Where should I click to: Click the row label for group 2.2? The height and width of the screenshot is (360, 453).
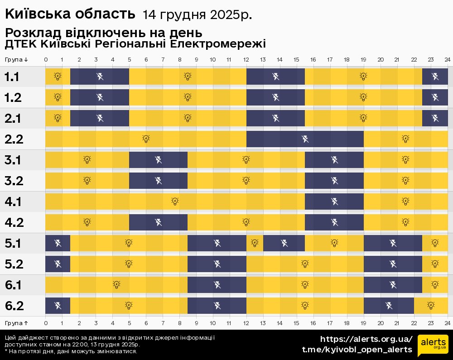tap(14, 139)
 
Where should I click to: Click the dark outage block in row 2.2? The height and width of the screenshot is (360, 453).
tap(305, 139)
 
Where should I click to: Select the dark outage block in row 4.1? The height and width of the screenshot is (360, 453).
tap(334, 202)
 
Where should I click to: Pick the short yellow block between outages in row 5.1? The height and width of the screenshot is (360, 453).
tap(255, 243)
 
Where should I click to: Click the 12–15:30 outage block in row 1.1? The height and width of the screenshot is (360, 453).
tap(275, 76)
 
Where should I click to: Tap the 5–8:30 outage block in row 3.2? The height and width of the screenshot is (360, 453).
tap(158, 181)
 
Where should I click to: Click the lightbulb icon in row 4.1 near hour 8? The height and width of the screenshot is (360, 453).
tap(175, 202)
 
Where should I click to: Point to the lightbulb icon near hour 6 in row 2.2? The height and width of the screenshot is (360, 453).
tap(146, 139)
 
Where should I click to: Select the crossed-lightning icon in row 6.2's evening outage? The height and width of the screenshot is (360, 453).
tap(389, 306)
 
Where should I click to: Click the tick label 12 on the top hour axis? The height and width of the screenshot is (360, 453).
tap(246, 60)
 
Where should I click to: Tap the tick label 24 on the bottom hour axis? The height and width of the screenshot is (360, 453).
tap(447, 323)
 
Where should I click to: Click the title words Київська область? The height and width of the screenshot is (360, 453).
tap(70, 14)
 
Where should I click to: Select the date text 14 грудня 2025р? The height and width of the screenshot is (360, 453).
tap(197, 15)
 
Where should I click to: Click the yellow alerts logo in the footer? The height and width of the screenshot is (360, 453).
tap(433, 346)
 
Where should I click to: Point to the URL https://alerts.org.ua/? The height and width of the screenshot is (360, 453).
tap(366, 339)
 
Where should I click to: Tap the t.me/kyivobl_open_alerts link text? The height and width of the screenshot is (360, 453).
tap(357, 350)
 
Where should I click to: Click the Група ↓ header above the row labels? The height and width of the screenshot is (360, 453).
tap(17, 60)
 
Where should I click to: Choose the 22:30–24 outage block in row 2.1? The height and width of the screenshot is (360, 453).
tap(435, 118)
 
